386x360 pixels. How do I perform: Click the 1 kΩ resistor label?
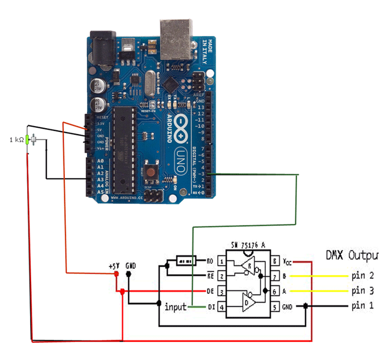[x=17, y=140]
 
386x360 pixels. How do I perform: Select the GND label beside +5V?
[x=130, y=266]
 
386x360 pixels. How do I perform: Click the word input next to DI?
[x=176, y=307]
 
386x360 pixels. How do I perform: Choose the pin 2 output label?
[x=362, y=276]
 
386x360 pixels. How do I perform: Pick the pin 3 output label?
[x=362, y=292]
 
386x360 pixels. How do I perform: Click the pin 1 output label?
[x=362, y=306]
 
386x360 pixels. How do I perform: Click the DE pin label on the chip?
[x=211, y=291]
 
